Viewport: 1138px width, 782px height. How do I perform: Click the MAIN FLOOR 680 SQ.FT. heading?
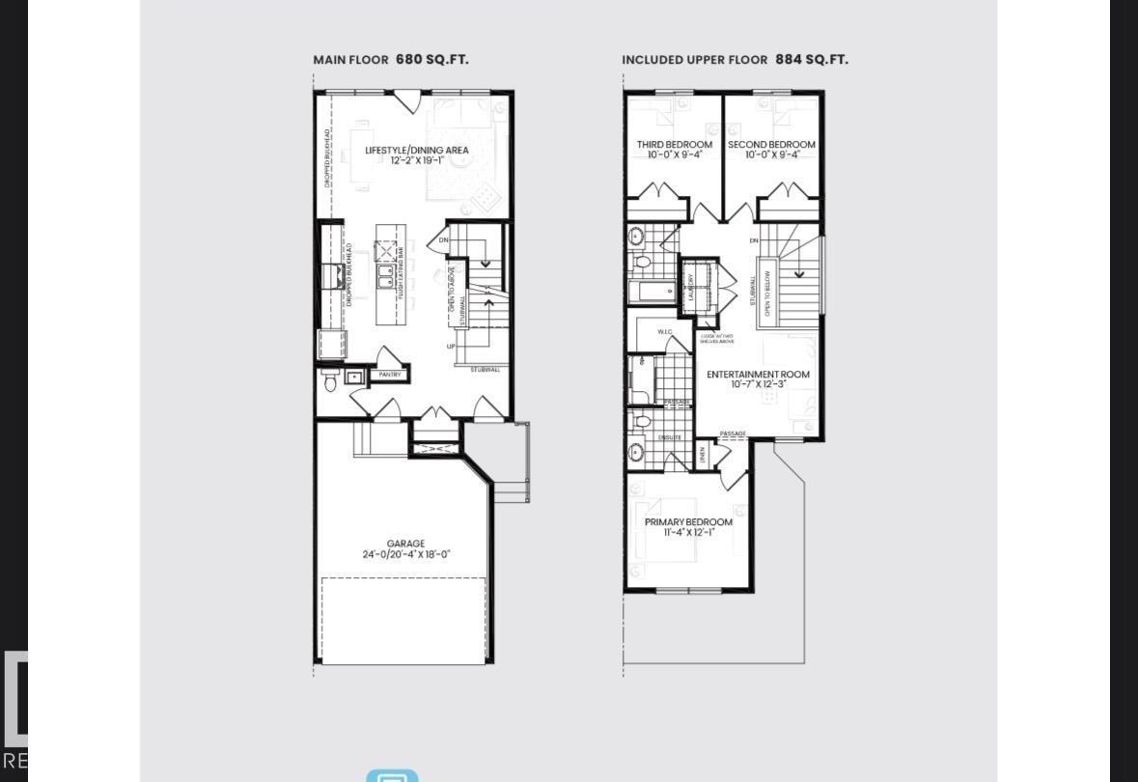point(391,59)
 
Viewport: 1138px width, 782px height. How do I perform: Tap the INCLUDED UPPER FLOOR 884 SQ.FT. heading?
point(735,59)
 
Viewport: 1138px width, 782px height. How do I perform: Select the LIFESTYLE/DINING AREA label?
point(417,150)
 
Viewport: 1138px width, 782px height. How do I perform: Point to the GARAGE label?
point(405,544)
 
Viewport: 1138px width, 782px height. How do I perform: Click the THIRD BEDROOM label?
point(674,145)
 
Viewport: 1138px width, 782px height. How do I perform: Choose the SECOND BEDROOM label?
point(771,145)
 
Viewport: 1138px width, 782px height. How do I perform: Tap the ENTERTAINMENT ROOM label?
point(758,374)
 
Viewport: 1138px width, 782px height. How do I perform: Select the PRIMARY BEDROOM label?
point(688,521)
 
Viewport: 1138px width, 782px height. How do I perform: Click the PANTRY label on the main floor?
point(390,375)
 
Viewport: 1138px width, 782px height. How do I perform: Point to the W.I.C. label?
point(665,332)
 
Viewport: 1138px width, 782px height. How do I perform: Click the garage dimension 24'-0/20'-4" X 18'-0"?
point(406,555)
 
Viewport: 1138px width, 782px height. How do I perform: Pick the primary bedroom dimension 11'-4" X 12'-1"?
point(688,532)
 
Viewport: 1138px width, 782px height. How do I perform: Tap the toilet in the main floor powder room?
point(329,383)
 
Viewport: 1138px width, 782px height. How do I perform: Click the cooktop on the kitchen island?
point(386,253)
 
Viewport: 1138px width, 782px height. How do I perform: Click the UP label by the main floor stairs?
point(451,346)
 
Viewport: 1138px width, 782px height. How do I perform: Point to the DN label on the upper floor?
point(754,240)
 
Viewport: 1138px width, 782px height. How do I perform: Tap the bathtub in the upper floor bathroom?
point(653,291)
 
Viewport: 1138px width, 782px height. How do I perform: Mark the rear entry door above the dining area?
point(406,99)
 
